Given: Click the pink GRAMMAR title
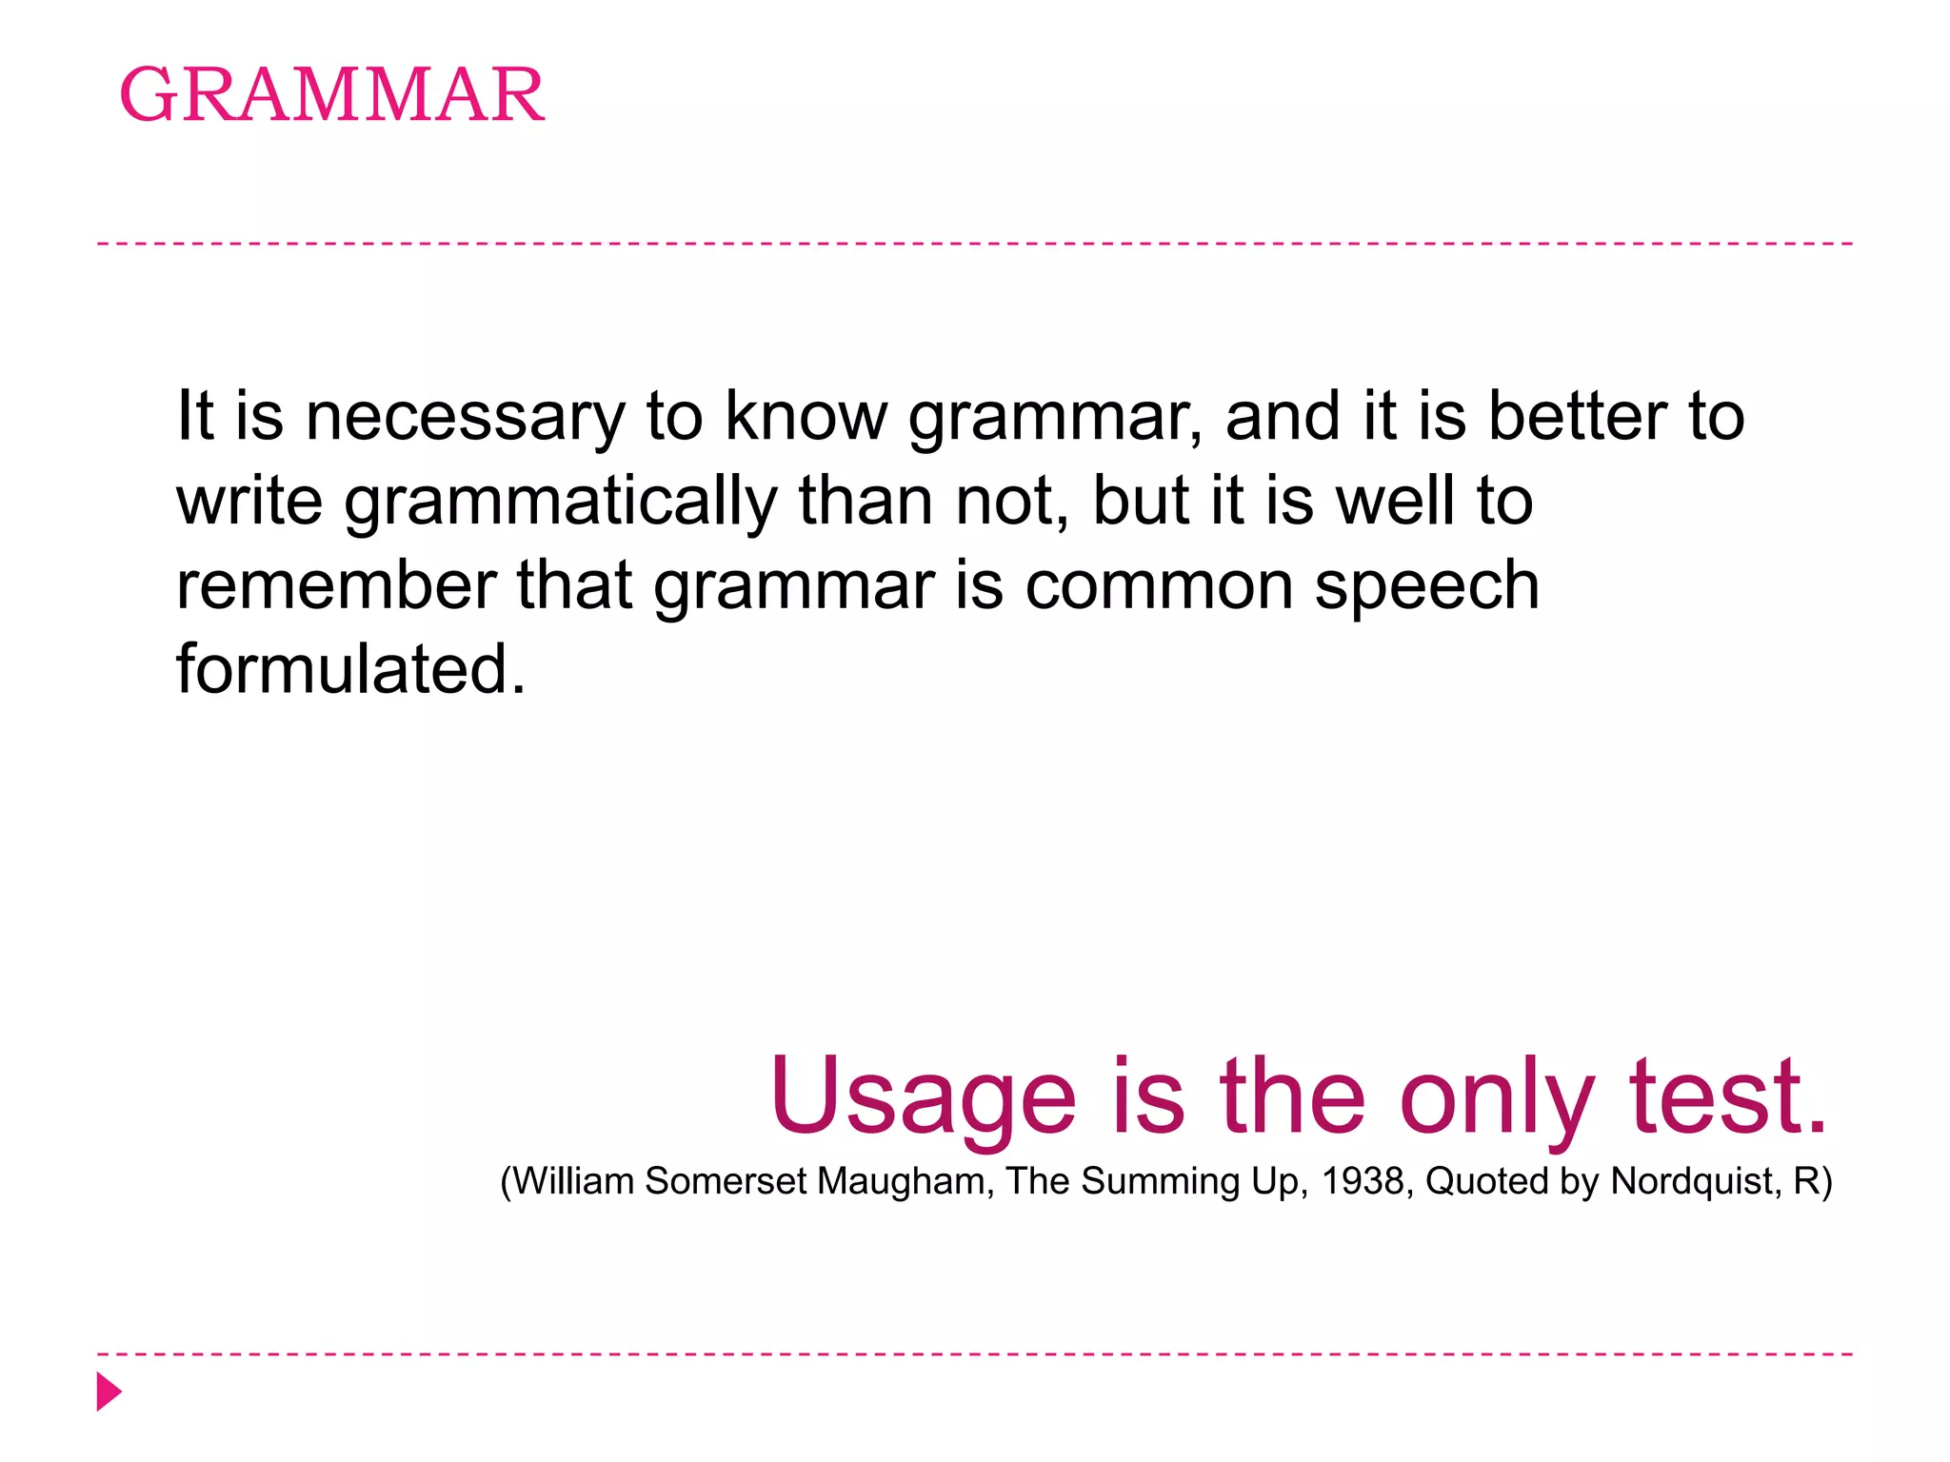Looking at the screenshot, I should (x=332, y=95).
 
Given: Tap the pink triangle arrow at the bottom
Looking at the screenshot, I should (x=109, y=1392).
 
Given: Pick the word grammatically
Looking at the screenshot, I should (x=561, y=503).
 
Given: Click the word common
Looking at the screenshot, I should (x=1159, y=586).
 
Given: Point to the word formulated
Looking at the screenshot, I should (x=350, y=669).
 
